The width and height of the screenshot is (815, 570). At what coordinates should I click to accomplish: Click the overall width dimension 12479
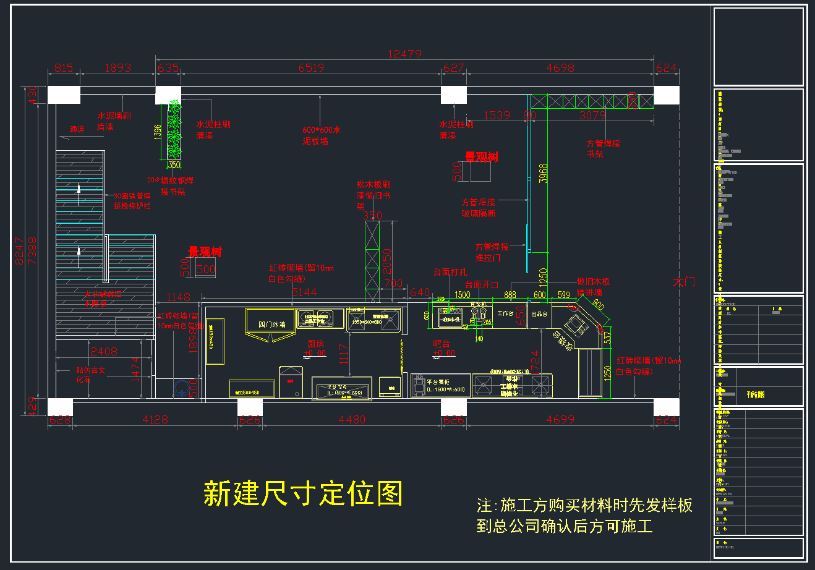(x=404, y=54)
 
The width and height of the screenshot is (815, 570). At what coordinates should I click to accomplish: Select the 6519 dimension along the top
(x=311, y=68)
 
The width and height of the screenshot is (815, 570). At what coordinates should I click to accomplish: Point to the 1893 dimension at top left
(x=117, y=68)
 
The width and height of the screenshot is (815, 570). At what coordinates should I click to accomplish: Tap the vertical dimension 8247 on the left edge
(x=20, y=251)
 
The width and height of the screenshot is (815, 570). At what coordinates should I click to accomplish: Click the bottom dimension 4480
(x=352, y=420)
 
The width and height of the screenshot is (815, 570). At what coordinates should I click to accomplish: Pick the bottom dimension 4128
(x=155, y=420)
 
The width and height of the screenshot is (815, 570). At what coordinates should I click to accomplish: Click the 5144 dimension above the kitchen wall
(x=304, y=292)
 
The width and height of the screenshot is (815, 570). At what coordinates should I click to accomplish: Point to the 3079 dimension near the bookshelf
(x=592, y=116)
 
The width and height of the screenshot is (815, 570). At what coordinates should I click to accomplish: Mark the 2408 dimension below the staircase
(x=104, y=352)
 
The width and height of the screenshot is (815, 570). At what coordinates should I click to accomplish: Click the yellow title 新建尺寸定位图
(x=303, y=493)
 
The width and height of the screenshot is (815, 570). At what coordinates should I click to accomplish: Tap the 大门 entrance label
(x=684, y=282)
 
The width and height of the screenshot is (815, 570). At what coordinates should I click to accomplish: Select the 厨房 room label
(x=316, y=344)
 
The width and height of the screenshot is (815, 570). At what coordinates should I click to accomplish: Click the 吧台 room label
(x=442, y=344)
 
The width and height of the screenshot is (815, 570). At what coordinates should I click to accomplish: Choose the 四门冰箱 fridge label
(x=271, y=324)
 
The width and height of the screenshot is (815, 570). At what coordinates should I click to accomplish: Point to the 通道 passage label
(x=77, y=129)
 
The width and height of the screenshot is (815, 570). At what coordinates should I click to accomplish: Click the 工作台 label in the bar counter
(x=506, y=313)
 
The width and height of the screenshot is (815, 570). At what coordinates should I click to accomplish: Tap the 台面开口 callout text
(x=482, y=284)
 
